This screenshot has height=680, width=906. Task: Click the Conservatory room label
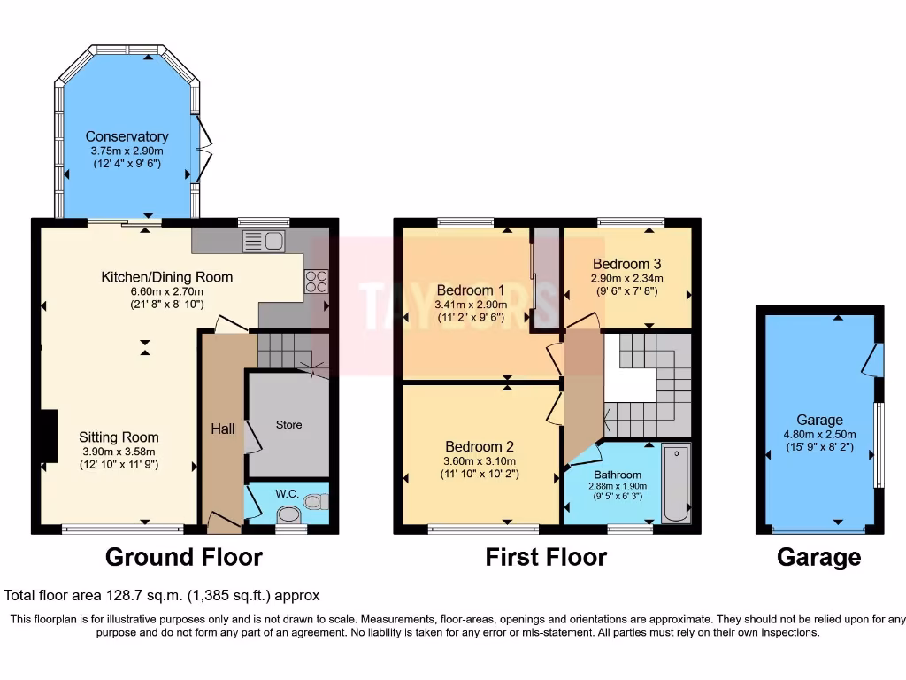click(x=127, y=136)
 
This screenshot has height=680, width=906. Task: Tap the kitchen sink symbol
click(x=263, y=241)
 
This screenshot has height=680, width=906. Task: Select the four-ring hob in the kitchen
click(x=316, y=281)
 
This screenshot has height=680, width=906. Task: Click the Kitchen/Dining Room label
click(x=166, y=277)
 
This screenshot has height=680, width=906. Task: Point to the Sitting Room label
click(x=119, y=437)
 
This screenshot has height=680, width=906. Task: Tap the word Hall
click(x=223, y=429)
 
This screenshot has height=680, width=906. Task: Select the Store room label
click(x=288, y=425)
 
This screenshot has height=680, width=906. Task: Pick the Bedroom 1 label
click(x=471, y=290)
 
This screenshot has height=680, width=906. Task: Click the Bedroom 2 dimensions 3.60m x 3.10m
click(x=480, y=460)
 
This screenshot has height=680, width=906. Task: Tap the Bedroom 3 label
click(x=626, y=264)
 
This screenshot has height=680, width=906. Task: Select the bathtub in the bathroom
click(x=677, y=484)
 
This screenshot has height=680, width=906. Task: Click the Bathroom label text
click(x=617, y=475)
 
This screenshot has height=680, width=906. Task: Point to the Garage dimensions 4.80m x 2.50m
click(x=819, y=434)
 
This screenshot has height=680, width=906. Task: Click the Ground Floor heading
click(x=184, y=557)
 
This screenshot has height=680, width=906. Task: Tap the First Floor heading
click(x=546, y=557)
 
